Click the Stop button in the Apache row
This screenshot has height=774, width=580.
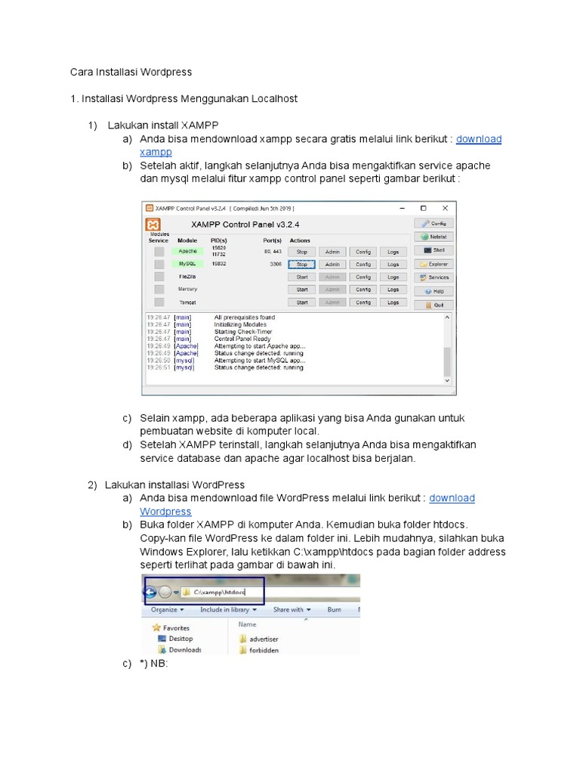(301, 252)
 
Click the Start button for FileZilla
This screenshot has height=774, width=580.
(301, 277)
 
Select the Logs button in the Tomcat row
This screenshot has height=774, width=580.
(393, 302)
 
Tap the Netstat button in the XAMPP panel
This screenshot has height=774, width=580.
(433, 237)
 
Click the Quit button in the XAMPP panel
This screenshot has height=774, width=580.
(433, 305)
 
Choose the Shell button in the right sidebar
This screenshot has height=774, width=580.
(433, 250)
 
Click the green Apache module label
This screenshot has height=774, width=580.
(187, 252)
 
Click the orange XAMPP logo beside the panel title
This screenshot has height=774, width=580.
(153, 225)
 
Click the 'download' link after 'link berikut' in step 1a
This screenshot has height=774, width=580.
(479, 139)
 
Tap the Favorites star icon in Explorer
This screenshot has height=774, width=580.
(156, 627)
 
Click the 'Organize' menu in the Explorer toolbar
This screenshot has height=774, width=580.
(164, 609)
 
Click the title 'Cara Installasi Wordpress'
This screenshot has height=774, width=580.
(131, 73)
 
